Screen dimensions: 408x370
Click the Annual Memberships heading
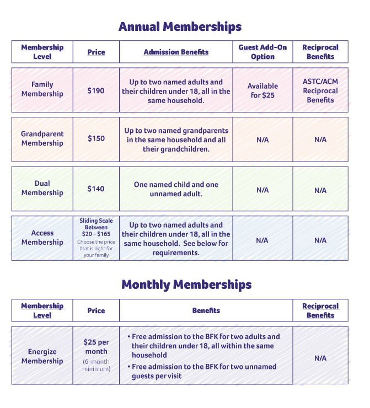[x=180, y=26]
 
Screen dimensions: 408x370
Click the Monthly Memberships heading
[x=186, y=284]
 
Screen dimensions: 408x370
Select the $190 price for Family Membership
[x=96, y=90]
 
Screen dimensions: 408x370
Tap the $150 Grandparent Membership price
[x=96, y=138]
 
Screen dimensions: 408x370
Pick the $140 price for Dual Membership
[x=96, y=189]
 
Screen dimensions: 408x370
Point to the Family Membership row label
[x=42, y=89]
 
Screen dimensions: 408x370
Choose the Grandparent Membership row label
[x=42, y=138]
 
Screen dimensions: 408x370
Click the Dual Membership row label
[x=42, y=188]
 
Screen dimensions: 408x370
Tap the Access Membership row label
[x=42, y=238]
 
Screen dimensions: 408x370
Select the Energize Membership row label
[x=42, y=356]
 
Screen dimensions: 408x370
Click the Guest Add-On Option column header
[x=262, y=52]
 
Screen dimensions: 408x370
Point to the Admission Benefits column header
[x=176, y=52]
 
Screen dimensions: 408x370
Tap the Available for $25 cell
[x=262, y=90]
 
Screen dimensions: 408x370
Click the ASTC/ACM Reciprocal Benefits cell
[x=320, y=90]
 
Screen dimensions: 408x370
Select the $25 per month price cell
[x=96, y=347]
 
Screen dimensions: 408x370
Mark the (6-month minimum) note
[x=96, y=365]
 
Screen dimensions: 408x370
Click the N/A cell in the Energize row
[x=320, y=358]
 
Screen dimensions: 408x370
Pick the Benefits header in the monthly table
[x=206, y=310]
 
